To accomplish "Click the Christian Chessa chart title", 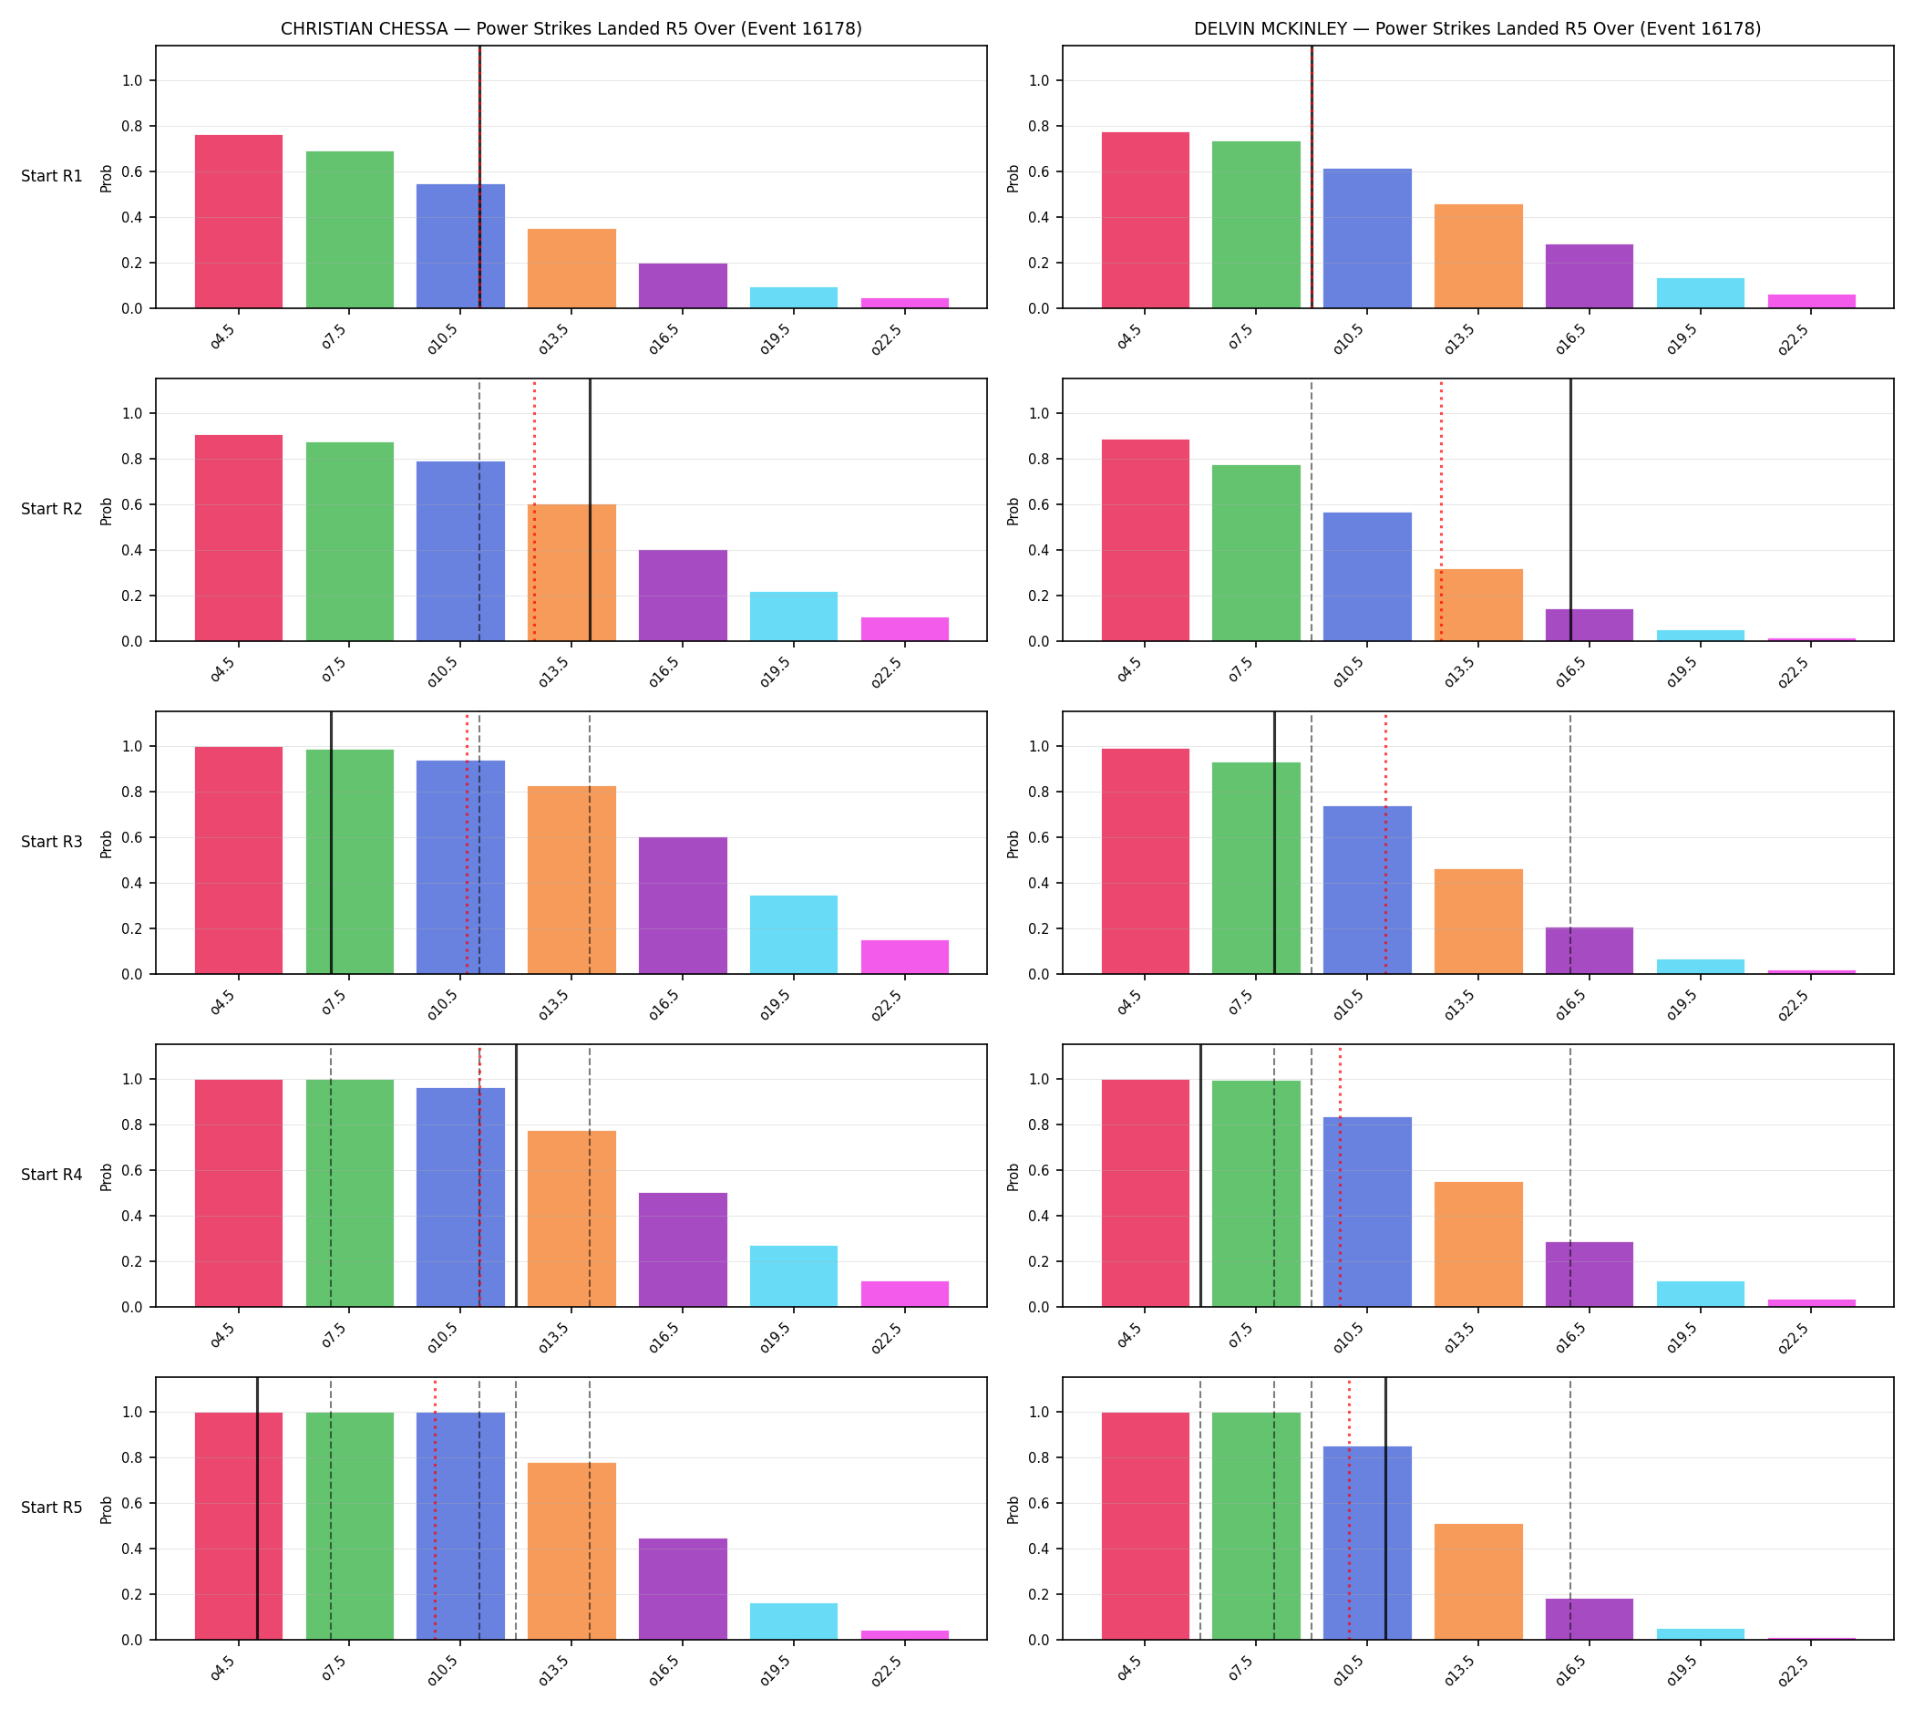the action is (571, 29).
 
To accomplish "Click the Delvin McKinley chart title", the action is (1477, 29).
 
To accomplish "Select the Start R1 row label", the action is (52, 177).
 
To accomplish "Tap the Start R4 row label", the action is (52, 1175).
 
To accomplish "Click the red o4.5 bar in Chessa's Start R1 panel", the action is (239, 222).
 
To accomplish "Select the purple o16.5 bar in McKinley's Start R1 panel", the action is (1589, 276).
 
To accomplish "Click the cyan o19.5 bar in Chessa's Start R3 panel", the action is (794, 935).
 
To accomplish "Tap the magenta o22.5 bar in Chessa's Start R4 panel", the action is (904, 1294).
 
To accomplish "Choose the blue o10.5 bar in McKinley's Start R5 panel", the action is (1367, 1543).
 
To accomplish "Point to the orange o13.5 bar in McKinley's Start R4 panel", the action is (1478, 1244).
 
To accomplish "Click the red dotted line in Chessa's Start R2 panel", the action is (534, 510).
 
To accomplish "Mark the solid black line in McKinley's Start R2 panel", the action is (1570, 510).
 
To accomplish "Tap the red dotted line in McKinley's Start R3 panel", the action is (1385, 843).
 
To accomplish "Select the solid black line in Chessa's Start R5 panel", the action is (257, 1509).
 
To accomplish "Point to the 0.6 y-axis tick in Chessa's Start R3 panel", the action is (131, 838).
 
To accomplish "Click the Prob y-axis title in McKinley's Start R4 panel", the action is (1014, 1176).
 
